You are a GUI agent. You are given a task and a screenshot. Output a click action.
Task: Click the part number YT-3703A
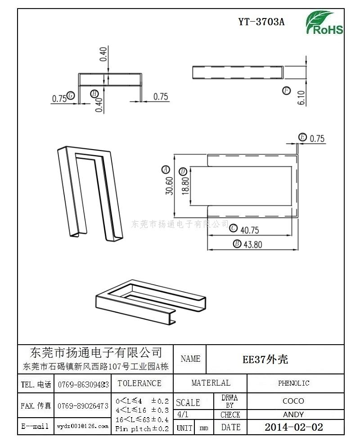(261, 22)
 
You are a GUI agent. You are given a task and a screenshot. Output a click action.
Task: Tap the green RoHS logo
(324, 23)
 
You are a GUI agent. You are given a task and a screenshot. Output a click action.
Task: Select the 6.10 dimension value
(301, 98)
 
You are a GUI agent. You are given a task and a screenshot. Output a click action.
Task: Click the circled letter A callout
(166, 170)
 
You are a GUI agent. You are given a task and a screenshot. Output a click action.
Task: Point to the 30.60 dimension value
(169, 186)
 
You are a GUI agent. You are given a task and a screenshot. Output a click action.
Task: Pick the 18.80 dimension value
(185, 186)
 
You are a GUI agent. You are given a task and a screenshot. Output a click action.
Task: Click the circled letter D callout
(183, 172)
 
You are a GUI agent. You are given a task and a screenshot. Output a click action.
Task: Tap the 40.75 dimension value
(250, 230)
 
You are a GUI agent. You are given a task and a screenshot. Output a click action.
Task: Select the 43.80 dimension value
(253, 245)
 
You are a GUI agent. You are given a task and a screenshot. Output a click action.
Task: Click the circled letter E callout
(302, 137)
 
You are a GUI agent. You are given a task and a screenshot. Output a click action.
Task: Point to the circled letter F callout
(286, 91)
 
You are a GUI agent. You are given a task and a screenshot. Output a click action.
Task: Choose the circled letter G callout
(71, 96)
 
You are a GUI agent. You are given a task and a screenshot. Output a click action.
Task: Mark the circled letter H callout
(94, 94)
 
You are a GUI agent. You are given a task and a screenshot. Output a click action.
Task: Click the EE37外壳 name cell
(265, 360)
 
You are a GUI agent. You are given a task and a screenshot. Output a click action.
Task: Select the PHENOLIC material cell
(294, 383)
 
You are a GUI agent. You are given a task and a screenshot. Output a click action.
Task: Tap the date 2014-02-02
(294, 427)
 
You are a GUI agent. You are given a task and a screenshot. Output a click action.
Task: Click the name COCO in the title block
(293, 401)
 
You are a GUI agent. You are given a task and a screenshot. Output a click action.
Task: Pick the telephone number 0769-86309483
(83, 385)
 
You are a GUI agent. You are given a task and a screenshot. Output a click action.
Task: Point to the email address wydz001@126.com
(83, 426)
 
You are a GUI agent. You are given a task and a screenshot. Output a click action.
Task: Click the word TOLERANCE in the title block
(139, 383)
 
